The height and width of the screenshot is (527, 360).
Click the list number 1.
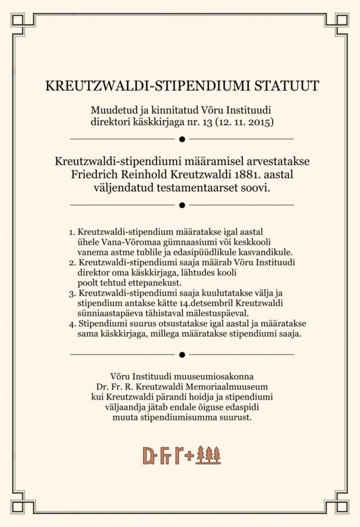click(x=71, y=232)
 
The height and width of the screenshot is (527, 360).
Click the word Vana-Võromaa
click(x=130, y=242)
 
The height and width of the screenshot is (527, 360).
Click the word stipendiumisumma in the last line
click(x=173, y=418)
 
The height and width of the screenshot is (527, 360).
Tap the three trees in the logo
click(x=209, y=455)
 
